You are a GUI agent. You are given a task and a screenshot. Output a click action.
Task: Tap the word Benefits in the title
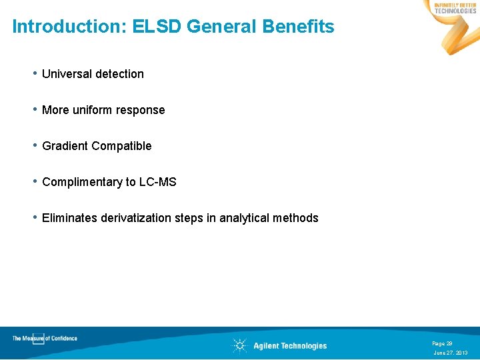[298, 27]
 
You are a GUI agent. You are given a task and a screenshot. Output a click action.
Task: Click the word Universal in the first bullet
[66, 74]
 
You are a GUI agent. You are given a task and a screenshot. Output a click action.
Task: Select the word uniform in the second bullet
[93, 110]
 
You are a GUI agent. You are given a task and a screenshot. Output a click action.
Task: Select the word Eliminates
[69, 218]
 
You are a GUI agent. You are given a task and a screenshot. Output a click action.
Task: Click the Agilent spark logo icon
[239, 345]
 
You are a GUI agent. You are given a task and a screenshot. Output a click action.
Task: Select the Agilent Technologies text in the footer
[290, 345]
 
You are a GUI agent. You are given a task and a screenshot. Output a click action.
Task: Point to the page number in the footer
[442, 343]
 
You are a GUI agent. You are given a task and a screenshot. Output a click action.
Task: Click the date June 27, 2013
[451, 353]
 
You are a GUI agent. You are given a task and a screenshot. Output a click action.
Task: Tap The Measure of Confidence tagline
[45, 338]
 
